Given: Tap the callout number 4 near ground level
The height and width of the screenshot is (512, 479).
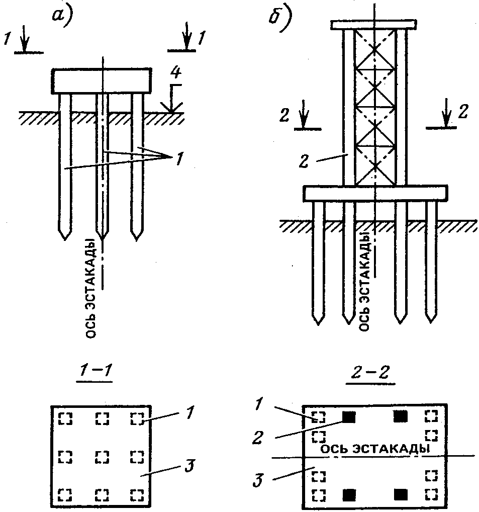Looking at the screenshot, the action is click(175, 72).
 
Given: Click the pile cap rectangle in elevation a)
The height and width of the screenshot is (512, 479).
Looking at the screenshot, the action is click(101, 81).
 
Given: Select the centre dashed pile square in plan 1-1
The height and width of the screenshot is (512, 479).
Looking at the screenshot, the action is click(102, 457).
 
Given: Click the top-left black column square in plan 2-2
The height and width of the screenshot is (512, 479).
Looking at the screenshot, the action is click(349, 417).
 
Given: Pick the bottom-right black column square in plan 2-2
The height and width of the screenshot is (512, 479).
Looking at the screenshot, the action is click(401, 495).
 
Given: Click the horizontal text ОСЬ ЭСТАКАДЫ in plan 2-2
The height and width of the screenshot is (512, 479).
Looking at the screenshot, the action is click(375, 449).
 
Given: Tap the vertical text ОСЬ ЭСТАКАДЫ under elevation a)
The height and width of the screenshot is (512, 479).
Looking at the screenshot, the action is click(90, 288).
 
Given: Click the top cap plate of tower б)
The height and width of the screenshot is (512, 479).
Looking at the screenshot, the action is click(373, 25).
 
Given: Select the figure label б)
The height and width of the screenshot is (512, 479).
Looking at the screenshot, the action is click(280, 20).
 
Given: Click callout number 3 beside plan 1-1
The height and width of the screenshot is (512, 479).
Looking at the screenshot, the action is click(189, 466).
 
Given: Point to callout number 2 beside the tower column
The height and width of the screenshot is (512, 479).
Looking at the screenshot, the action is click(304, 161).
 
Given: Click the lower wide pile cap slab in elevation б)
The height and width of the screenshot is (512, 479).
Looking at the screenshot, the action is click(375, 193).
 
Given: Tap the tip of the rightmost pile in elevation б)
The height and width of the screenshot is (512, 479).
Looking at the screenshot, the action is click(431, 322).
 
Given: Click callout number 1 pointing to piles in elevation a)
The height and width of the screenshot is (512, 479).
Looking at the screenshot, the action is click(179, 159).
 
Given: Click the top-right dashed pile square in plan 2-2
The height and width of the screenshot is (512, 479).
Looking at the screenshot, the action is click(431, 416).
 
